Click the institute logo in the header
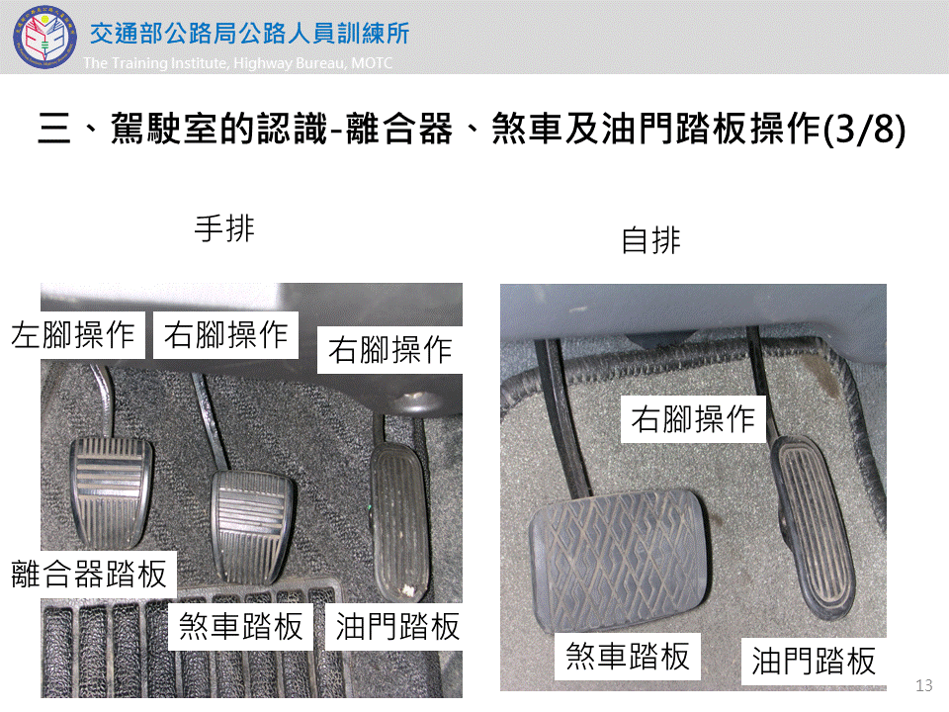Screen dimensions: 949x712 44,37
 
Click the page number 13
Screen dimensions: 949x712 923,685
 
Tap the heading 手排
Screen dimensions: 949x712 224,228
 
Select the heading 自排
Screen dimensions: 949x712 651,240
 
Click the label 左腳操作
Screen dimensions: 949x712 73,335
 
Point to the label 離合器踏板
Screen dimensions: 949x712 89,574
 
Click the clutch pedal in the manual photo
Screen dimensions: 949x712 110,491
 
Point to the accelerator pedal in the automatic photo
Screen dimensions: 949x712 815,527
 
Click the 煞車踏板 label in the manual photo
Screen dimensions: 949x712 241,626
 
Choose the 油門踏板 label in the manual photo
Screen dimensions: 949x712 397,626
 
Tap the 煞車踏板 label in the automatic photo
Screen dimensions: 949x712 628,657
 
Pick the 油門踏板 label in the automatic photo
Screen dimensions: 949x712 814,661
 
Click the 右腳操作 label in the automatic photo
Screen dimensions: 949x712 693,419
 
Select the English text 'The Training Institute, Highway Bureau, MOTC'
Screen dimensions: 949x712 238,63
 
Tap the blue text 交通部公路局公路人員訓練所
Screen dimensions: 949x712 249,34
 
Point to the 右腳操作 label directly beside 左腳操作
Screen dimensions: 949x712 225,335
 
